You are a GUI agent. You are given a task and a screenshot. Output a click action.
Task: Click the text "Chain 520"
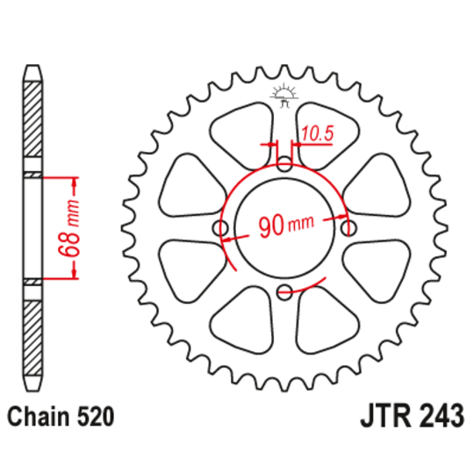60,416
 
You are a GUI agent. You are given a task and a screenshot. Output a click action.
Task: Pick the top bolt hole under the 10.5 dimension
284,164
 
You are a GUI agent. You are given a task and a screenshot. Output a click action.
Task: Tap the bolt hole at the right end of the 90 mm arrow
348,228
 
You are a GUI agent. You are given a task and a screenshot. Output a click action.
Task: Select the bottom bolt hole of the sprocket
284,292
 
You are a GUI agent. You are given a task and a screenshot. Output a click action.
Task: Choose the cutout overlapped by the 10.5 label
325,132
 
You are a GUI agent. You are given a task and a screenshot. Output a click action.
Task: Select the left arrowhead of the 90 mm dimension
234,229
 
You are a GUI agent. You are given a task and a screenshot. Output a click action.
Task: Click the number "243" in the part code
434,416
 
